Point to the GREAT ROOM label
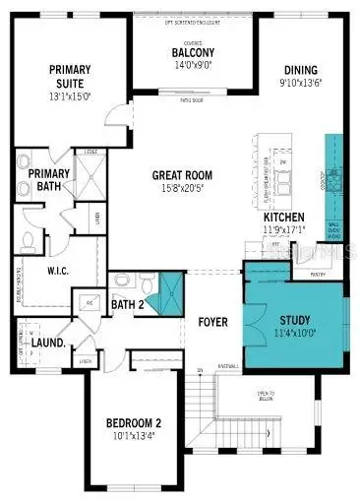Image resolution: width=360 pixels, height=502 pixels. click(x=182, y=176)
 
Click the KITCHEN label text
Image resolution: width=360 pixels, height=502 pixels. click(x=283, y=218)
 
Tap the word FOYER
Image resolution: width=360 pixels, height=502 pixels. click(x=212, y=320)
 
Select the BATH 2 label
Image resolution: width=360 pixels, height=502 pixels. click(x=127, y=304)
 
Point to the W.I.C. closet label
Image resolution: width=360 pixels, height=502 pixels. click(x=64, y=269)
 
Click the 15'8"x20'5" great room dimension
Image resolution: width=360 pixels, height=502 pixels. click(x=182, y=189)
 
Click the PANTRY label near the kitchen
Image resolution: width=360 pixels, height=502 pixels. click(x=318, y=275)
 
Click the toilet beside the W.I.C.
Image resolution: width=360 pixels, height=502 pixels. click(x=28, y=239)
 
